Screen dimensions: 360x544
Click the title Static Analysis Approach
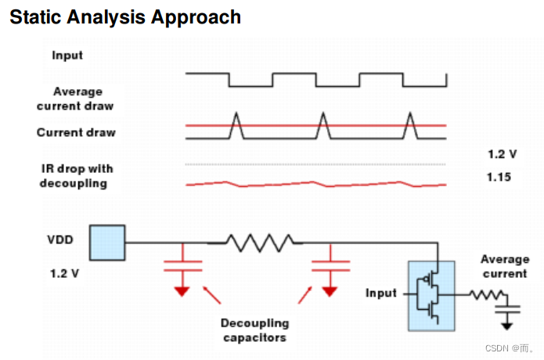[125, 16]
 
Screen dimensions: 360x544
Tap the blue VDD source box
[107, 242]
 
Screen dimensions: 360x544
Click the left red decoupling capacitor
[182, 265]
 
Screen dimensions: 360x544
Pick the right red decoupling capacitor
[330, 265]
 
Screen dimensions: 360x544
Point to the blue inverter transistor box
[431, 295]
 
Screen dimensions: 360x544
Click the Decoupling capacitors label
[254, 330]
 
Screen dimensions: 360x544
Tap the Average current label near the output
[504, 266]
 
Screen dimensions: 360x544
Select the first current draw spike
[236, 125]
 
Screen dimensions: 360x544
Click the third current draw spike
[409, 125]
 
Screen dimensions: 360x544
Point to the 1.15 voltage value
[499, 178]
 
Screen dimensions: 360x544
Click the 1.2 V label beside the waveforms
[501, 154]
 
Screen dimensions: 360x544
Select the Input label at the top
[67, 56]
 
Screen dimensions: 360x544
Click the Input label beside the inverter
[382, 293]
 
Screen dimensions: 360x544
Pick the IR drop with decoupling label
[77, 176]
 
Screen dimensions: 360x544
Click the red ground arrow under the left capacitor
[182, 292]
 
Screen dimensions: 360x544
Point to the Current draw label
[76, 132]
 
